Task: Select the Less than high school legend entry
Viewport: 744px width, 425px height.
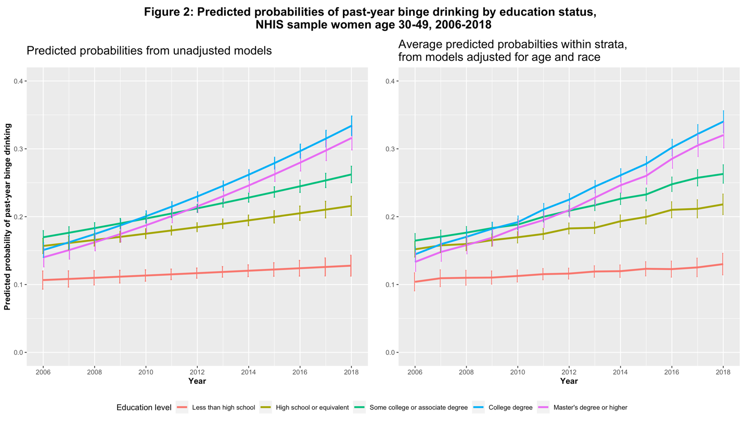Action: [223, 407]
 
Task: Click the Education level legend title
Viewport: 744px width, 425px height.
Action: [144, 407]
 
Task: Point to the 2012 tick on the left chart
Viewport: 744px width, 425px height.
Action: [197, 371]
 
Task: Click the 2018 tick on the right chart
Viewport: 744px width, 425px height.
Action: [723, 371]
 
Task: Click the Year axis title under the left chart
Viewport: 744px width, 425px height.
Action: [197, 381]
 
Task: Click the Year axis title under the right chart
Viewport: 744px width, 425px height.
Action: [569, 381]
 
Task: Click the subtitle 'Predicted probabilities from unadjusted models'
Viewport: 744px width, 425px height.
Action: [149, 51]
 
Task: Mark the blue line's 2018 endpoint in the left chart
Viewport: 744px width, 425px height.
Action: [351, 125]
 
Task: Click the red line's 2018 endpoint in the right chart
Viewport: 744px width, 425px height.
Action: [723, 264]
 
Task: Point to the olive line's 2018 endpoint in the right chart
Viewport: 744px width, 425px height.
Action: [723, 204]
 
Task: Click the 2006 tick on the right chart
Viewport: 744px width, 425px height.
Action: [415, 371]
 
